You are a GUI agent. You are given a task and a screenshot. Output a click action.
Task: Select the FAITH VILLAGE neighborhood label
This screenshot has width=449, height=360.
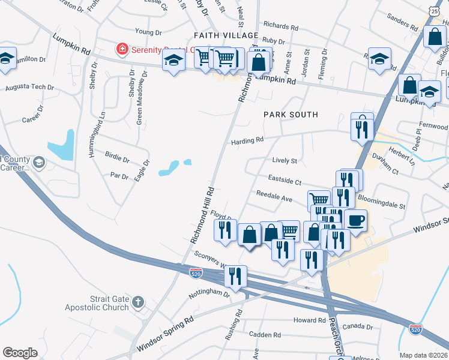(x=226, y=36)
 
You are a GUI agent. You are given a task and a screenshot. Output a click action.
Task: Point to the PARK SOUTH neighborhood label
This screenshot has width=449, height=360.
(x=290, y=114)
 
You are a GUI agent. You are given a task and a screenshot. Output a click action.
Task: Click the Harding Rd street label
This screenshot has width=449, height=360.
(x=247, y=141)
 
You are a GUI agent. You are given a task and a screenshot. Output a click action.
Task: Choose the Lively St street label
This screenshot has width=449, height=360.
(x=285, y=161)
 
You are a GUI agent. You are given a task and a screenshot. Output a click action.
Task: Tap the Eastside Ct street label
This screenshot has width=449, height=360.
(x=284, y=181)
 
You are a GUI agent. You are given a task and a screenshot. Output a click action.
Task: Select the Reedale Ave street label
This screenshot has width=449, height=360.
(x=274, y=196)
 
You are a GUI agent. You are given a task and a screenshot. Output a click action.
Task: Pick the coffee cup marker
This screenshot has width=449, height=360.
(x=355, y=219)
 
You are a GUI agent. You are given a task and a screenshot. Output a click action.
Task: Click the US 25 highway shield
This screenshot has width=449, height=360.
(x=434, y=11)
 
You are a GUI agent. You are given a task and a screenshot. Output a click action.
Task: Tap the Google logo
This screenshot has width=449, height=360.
(x=20, y=353)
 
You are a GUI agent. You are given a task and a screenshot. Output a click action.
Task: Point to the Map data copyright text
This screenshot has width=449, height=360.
(x=424, y=355)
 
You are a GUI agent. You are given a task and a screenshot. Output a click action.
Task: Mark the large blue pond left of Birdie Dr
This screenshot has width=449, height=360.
(x=61, y=144)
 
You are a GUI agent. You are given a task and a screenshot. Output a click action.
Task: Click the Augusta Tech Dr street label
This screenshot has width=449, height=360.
(x=29, y=88)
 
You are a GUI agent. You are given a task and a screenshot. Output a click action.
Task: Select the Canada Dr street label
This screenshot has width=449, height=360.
(x=359, y=326)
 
